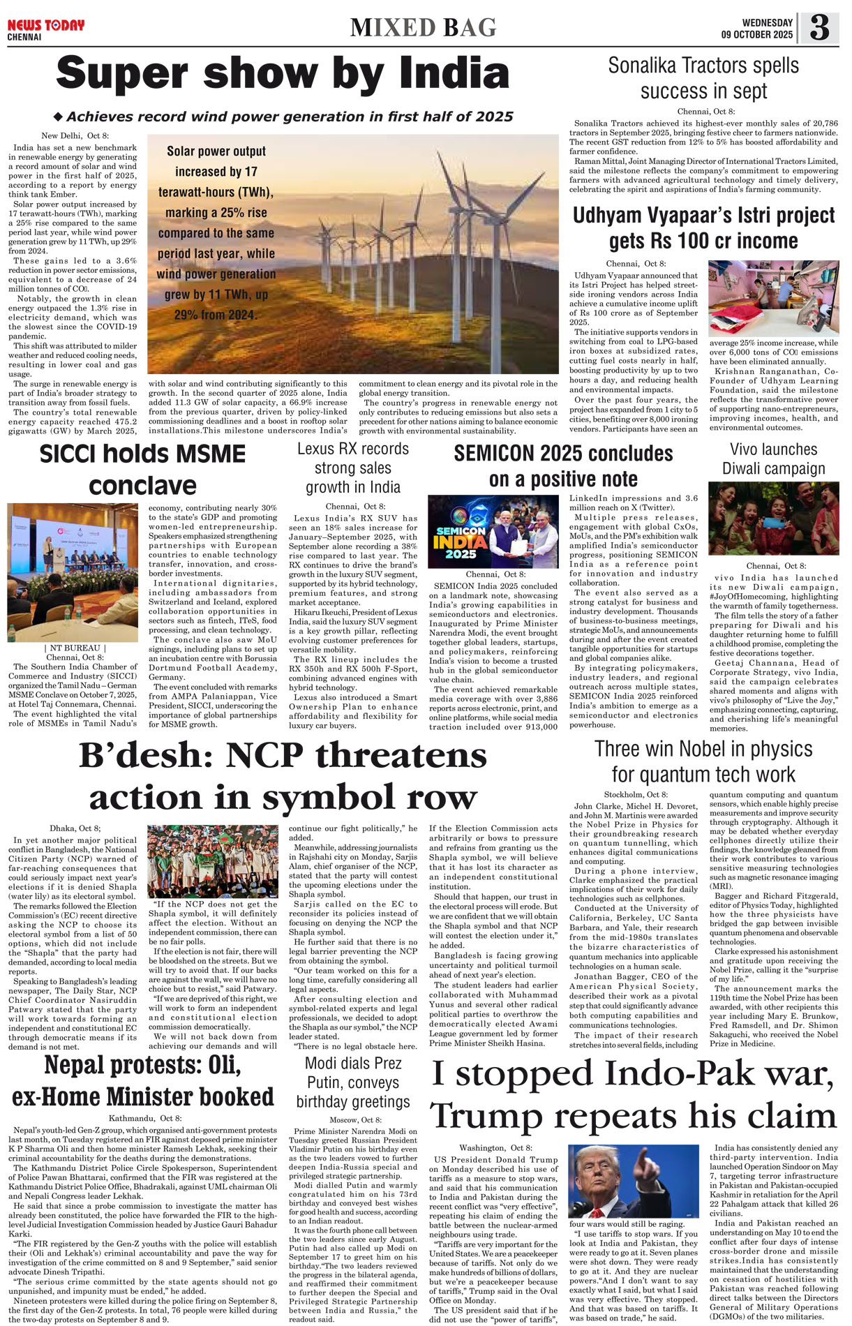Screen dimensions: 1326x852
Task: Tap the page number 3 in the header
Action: pyautogui.click(x=819, y=28)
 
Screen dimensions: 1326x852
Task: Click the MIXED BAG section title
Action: pyautogui.click(x=424, y=28)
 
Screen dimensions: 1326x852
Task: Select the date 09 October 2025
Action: pyautogui.click(x=757, y=34)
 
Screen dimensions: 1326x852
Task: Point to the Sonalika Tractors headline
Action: pyautogui.click(x=703, y=78)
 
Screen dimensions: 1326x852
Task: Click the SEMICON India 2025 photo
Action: pyautogui.click(x=493, y=531)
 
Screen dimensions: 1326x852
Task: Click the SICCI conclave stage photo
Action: pyautogui.click(x=73, y=572)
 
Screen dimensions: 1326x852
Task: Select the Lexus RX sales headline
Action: pyautogui.click(x=353, y=468)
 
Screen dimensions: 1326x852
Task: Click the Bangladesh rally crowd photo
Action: pyautogui.click(x=213, y=861)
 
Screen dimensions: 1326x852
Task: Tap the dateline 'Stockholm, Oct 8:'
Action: pyautogui.click(x=635, y=795)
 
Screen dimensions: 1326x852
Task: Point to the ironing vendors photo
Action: pyautogui.click(x=773, y=298)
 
